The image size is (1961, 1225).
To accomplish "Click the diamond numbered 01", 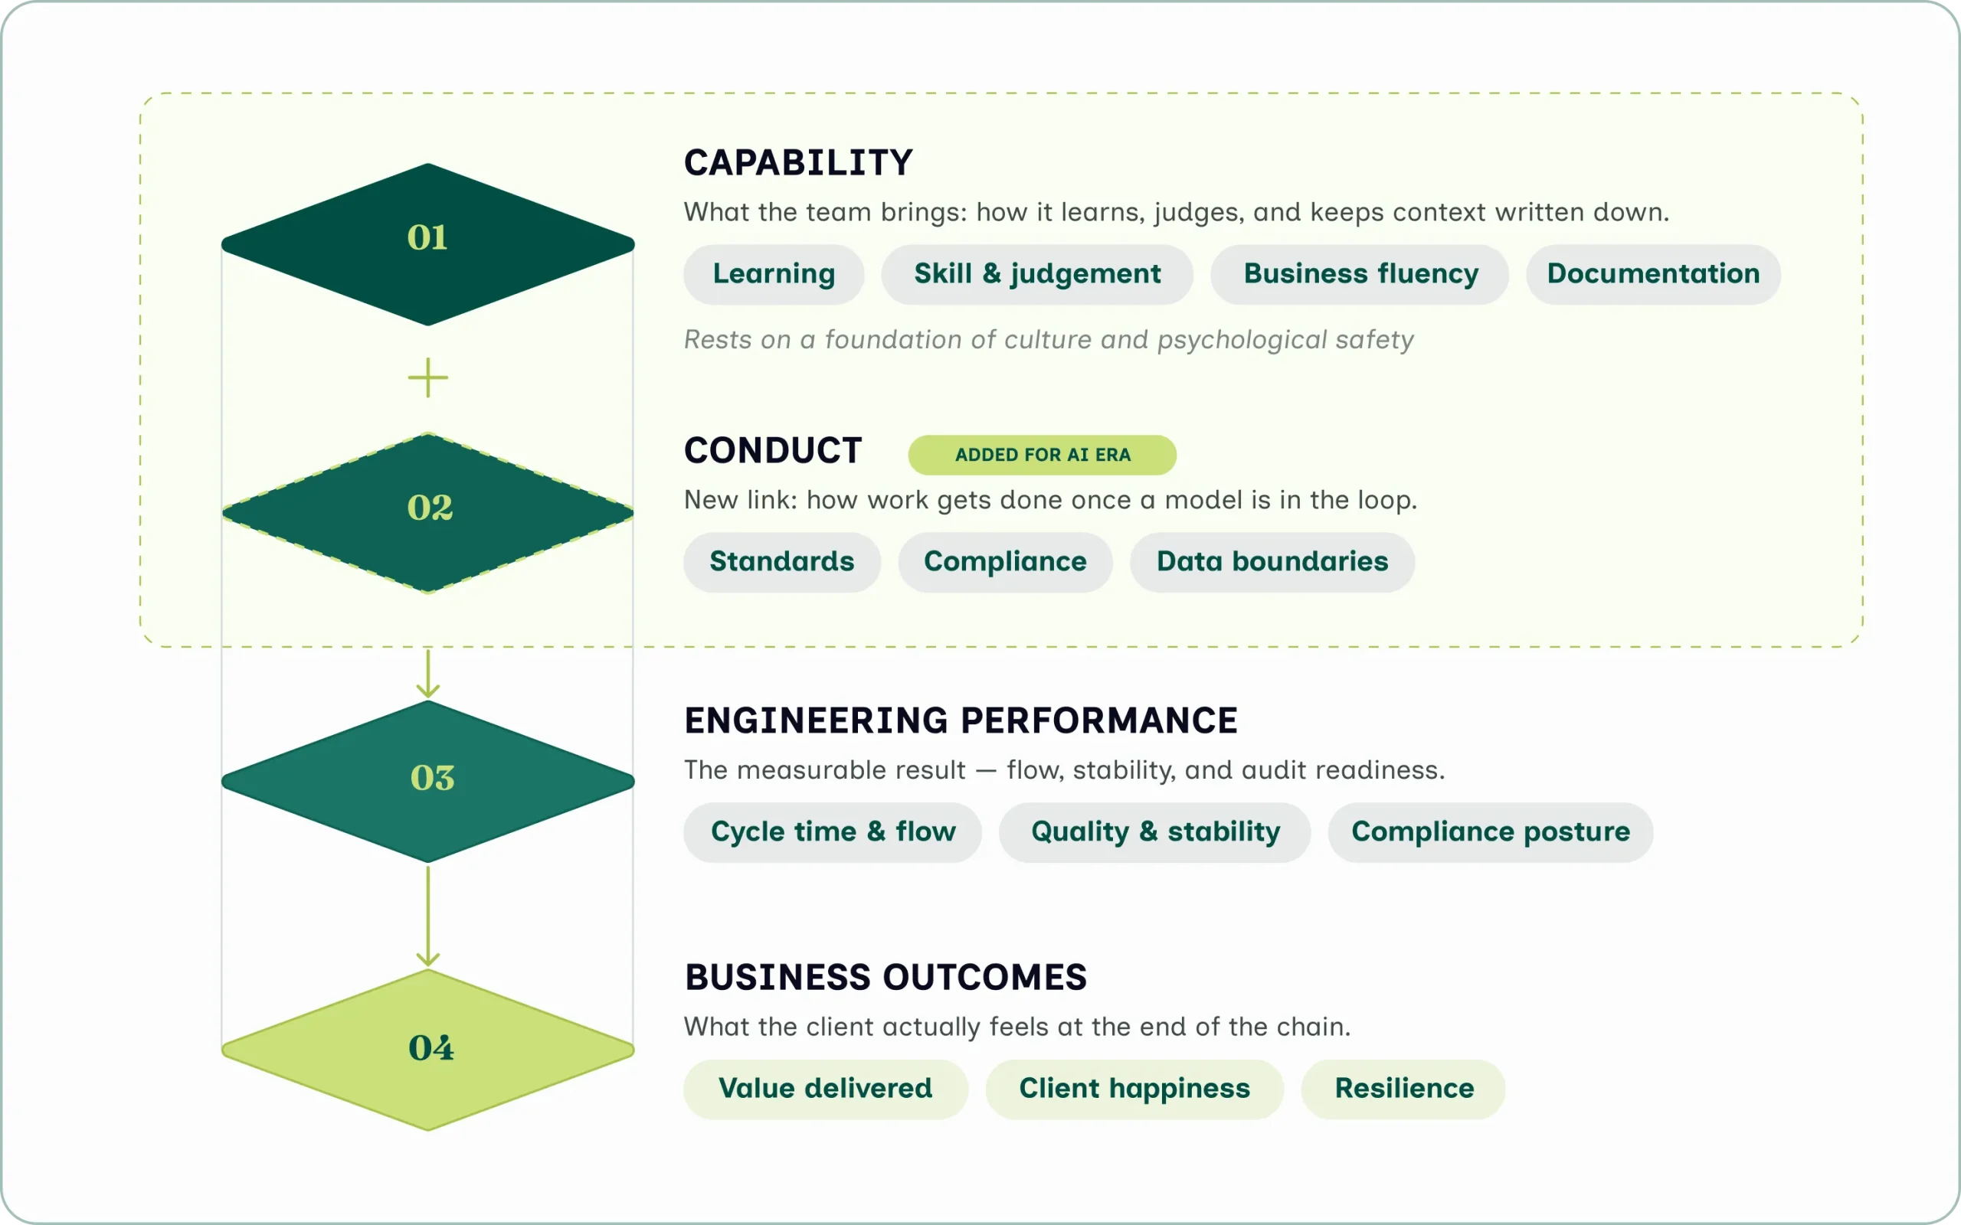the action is point(428,244).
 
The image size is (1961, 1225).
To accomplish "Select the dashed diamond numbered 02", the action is point(428,513).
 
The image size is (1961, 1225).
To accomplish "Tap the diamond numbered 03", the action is point(428,782).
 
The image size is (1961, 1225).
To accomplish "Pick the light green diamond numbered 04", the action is point(428,1050).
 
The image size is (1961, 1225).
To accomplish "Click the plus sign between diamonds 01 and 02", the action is point(428,378).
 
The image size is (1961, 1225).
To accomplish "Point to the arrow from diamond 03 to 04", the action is point(428,916).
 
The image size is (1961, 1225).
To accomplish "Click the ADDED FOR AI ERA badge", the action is point(1042,456).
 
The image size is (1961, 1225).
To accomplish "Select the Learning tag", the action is point(774,275).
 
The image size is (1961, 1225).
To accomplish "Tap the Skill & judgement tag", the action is point(1037,275).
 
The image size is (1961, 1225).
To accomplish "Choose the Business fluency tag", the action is point(1360,275).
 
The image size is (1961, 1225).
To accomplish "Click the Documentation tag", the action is point(1653,275).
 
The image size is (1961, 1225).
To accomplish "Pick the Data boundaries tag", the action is point(1272,562).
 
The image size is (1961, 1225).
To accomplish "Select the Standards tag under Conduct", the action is point(782,562).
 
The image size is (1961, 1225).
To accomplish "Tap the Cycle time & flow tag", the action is point(833,833).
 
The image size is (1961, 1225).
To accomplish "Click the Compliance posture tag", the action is point(1490,833).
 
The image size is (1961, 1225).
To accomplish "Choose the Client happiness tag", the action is point(1134,1089).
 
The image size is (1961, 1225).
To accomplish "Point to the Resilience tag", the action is point(1403,1089).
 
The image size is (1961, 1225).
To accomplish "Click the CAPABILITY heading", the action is point(798,163).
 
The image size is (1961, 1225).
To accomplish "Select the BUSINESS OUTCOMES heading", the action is point(886,977).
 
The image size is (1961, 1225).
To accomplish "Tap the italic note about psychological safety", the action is point(1049,339).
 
